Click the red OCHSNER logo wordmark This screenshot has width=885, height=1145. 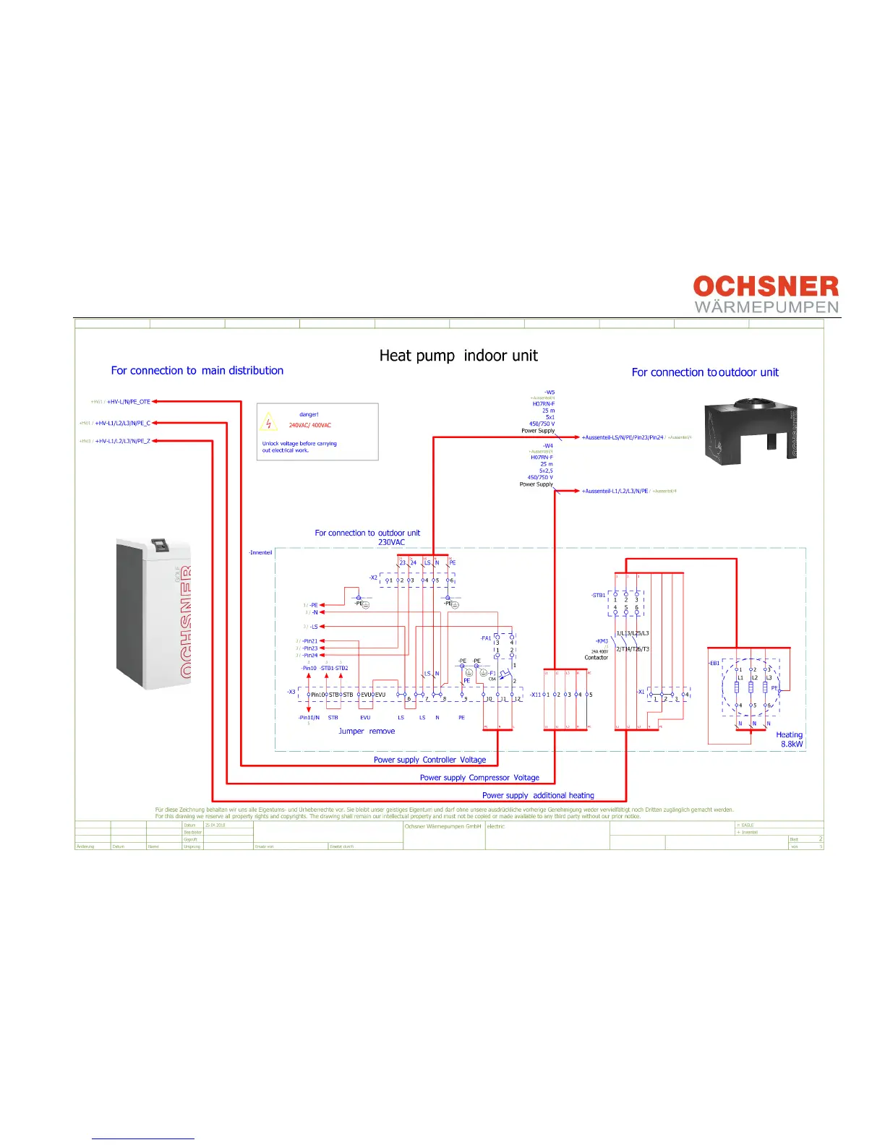click(766, 286)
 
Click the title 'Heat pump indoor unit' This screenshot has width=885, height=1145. click(458, 356)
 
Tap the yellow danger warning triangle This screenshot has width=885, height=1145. click(268, 422)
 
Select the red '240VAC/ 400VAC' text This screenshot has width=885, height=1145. click(310, 425)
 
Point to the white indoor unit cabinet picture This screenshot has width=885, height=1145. click(154, 613)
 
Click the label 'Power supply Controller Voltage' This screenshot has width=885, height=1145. click(429, 760)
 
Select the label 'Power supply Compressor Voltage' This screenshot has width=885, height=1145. click(479, 778)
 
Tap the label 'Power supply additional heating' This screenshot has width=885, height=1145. click(538, 795)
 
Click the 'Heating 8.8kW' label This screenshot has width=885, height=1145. click(790, 739)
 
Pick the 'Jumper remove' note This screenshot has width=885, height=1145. click(367, 732)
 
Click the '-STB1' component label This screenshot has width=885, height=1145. click(599, 596)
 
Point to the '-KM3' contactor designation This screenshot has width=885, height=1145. click(602, 641)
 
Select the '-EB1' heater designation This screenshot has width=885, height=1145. click(714, 663)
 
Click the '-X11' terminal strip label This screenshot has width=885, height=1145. click(535, 695)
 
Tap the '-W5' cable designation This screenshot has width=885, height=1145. click(550, 393)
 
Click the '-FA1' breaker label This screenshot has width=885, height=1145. click(486, 638)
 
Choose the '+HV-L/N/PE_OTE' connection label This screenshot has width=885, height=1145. click(129, 402)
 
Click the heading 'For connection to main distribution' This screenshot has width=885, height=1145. click(197, 371)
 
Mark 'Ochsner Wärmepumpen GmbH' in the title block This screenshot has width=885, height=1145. click(442, 826)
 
